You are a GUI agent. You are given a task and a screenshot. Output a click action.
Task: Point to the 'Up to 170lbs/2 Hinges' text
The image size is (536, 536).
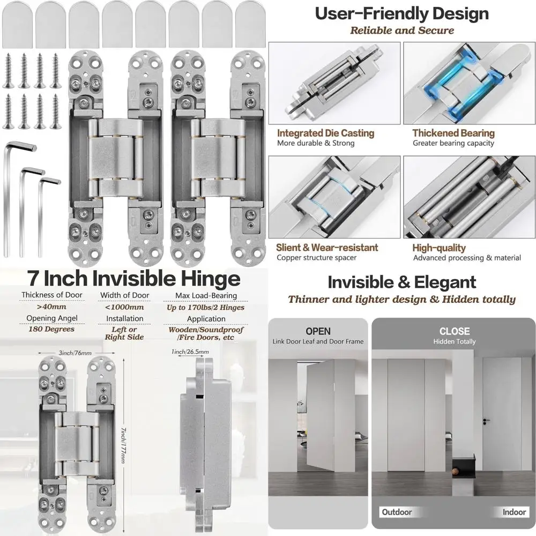[x=206, y=307]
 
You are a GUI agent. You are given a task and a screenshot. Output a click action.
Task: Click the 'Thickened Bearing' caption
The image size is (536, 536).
[x=453, y=133]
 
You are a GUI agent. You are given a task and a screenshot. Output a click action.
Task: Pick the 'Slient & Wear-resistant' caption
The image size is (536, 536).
[x=327, y=248]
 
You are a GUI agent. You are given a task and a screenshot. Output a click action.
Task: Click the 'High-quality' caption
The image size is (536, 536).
[x=439, y=248]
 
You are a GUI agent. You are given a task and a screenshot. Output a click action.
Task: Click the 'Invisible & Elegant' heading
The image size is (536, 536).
[x=401, y=282]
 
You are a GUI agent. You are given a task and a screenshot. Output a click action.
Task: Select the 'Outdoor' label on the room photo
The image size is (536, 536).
[x=397, y=512]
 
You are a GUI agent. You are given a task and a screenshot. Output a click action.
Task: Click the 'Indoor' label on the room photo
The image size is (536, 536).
[x=514, y=512]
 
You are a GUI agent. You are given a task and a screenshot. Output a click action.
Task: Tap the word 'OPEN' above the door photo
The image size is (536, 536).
[x=318, y=331]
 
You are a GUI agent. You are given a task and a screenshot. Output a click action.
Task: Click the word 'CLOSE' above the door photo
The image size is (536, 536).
[x=454, y=331]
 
